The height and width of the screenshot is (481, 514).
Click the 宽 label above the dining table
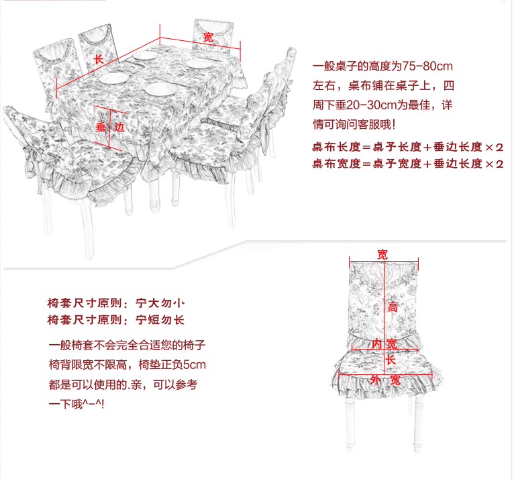(x=209, y=38)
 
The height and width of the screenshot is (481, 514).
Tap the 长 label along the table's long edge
(x=99, y=60)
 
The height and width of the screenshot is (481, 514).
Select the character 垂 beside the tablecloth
(x=101, y=127)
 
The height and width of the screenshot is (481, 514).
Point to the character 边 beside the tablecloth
(x=119, y=127)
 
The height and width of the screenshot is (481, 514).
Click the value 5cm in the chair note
(x=194, y=366)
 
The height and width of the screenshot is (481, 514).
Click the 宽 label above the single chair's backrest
(x=382, y=254)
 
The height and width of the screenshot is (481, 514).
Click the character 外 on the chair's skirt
(x=376, y=380)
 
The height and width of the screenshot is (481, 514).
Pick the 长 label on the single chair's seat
(x=391, y=360)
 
